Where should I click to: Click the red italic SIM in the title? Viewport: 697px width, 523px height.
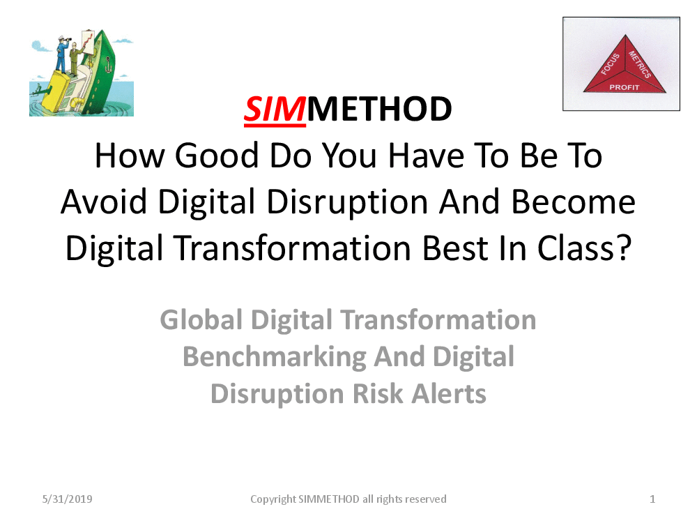(x=275, y=109)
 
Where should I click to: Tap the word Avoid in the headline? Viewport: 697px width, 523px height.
(x=104, y=202)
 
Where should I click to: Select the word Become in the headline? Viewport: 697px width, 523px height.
(x=574, y=202)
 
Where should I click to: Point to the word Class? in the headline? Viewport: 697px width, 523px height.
(x=584, y=248)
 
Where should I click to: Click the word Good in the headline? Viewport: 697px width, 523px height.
(x=217, y=156)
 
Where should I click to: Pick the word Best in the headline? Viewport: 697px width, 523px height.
(x=455, y=248)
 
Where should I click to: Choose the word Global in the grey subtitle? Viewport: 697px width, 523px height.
(x=201, y=320)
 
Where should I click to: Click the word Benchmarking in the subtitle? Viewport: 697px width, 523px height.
(x=275, y=357)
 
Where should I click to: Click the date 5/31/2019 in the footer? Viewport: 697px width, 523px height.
(x=67, y=499)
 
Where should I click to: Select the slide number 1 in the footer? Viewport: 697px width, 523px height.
(x=652, y=499)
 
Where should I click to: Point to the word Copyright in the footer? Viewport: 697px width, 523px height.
(x=273, y=499)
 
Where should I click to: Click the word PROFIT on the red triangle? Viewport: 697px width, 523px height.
(x=624, y=87)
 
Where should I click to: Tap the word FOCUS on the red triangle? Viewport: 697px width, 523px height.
(x=610, y=63)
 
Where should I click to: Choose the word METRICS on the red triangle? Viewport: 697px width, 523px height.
(x=640, y=64)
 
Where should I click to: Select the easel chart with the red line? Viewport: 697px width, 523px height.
(x=89, y=43)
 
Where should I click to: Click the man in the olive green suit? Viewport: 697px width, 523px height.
(x=75, y=58)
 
